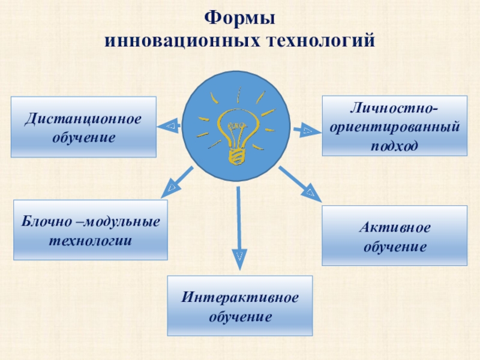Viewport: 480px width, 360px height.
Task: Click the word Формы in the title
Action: pyautogui.click(x=240, y=19)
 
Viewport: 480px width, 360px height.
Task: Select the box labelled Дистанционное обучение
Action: pyautogui.click(x=83, y=127)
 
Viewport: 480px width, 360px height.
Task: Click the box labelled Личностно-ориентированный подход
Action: pyautogui.click(x=395, y=126)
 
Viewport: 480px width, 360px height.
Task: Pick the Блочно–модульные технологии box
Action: pyautogui.click(x=91, y=230)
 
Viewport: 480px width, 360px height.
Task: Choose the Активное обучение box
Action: pyautogui.click(x=394, y=235)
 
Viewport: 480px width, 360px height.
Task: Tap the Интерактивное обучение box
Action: pyautogui.click(x=240, y=305)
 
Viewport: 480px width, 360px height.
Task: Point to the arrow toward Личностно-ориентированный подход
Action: pyautogui.click(x=306, y=130)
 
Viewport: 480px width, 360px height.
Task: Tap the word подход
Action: pyautogui.click(x=394, y=144)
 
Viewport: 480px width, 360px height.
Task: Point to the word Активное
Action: pyautogui.click(x=394, y=227)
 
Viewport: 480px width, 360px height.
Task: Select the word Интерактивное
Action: pyautogui.click(x=240, y=298)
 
